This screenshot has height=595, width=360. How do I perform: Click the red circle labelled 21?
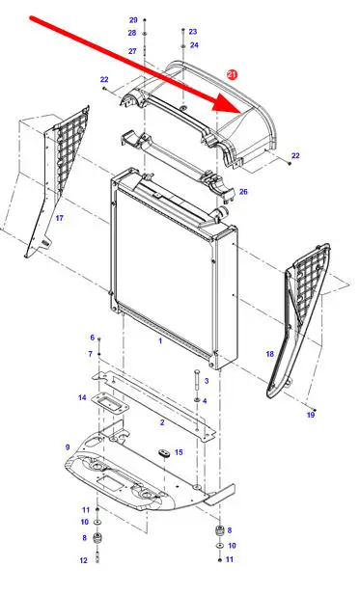[x=232, y=74]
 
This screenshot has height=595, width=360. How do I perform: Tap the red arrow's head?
[x=228, y=102]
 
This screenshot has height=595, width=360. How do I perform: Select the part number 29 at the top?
[x=133, y=20]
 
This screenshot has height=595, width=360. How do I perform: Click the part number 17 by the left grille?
[x=60, y=218]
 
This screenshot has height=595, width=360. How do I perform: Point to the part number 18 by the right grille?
[x=269, y=354]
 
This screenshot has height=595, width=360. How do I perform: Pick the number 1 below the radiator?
[x=160, y=340]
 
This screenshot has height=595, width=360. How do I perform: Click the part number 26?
[x=243, y=192]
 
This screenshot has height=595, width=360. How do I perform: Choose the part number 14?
[x=82, y=397]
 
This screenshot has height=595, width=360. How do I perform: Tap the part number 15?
[x=179, y=452]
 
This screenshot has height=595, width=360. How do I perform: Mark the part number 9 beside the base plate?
[x=68, y=447]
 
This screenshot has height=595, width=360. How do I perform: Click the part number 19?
[x=311, y=415]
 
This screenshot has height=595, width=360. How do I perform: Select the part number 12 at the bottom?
[x=84, y=560]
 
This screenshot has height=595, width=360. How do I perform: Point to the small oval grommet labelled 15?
[x=164, y=452]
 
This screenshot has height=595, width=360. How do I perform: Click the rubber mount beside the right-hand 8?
[x=218, y=530]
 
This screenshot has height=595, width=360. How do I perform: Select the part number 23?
[x=193, y=32]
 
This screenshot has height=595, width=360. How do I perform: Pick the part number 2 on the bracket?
[x=162, y=422]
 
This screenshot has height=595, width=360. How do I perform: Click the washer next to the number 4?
[x=196, y=400]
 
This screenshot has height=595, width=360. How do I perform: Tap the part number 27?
[x=132, y=51]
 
